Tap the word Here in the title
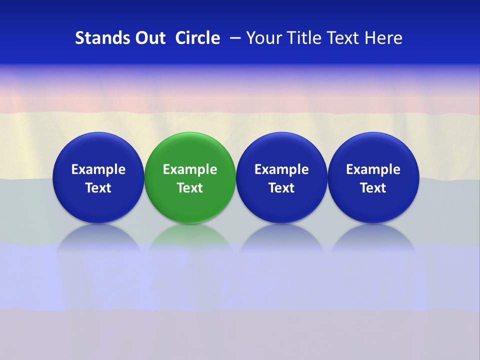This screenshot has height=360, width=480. pos(383,38)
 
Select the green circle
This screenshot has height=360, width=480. pos(190,150)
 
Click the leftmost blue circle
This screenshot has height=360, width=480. pos(98,150)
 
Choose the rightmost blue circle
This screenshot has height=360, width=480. pos(373,150)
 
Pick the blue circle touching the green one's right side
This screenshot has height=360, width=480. pos(281,150)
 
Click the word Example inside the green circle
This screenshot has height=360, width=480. pos(190,169)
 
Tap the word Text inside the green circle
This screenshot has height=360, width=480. pos(190,188)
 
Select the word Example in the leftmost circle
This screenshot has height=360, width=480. pos(98,169)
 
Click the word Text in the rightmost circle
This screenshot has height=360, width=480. pos(373,188)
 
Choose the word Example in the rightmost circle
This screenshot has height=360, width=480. pos(373,169)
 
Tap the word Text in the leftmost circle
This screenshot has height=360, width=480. pos(98,188)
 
